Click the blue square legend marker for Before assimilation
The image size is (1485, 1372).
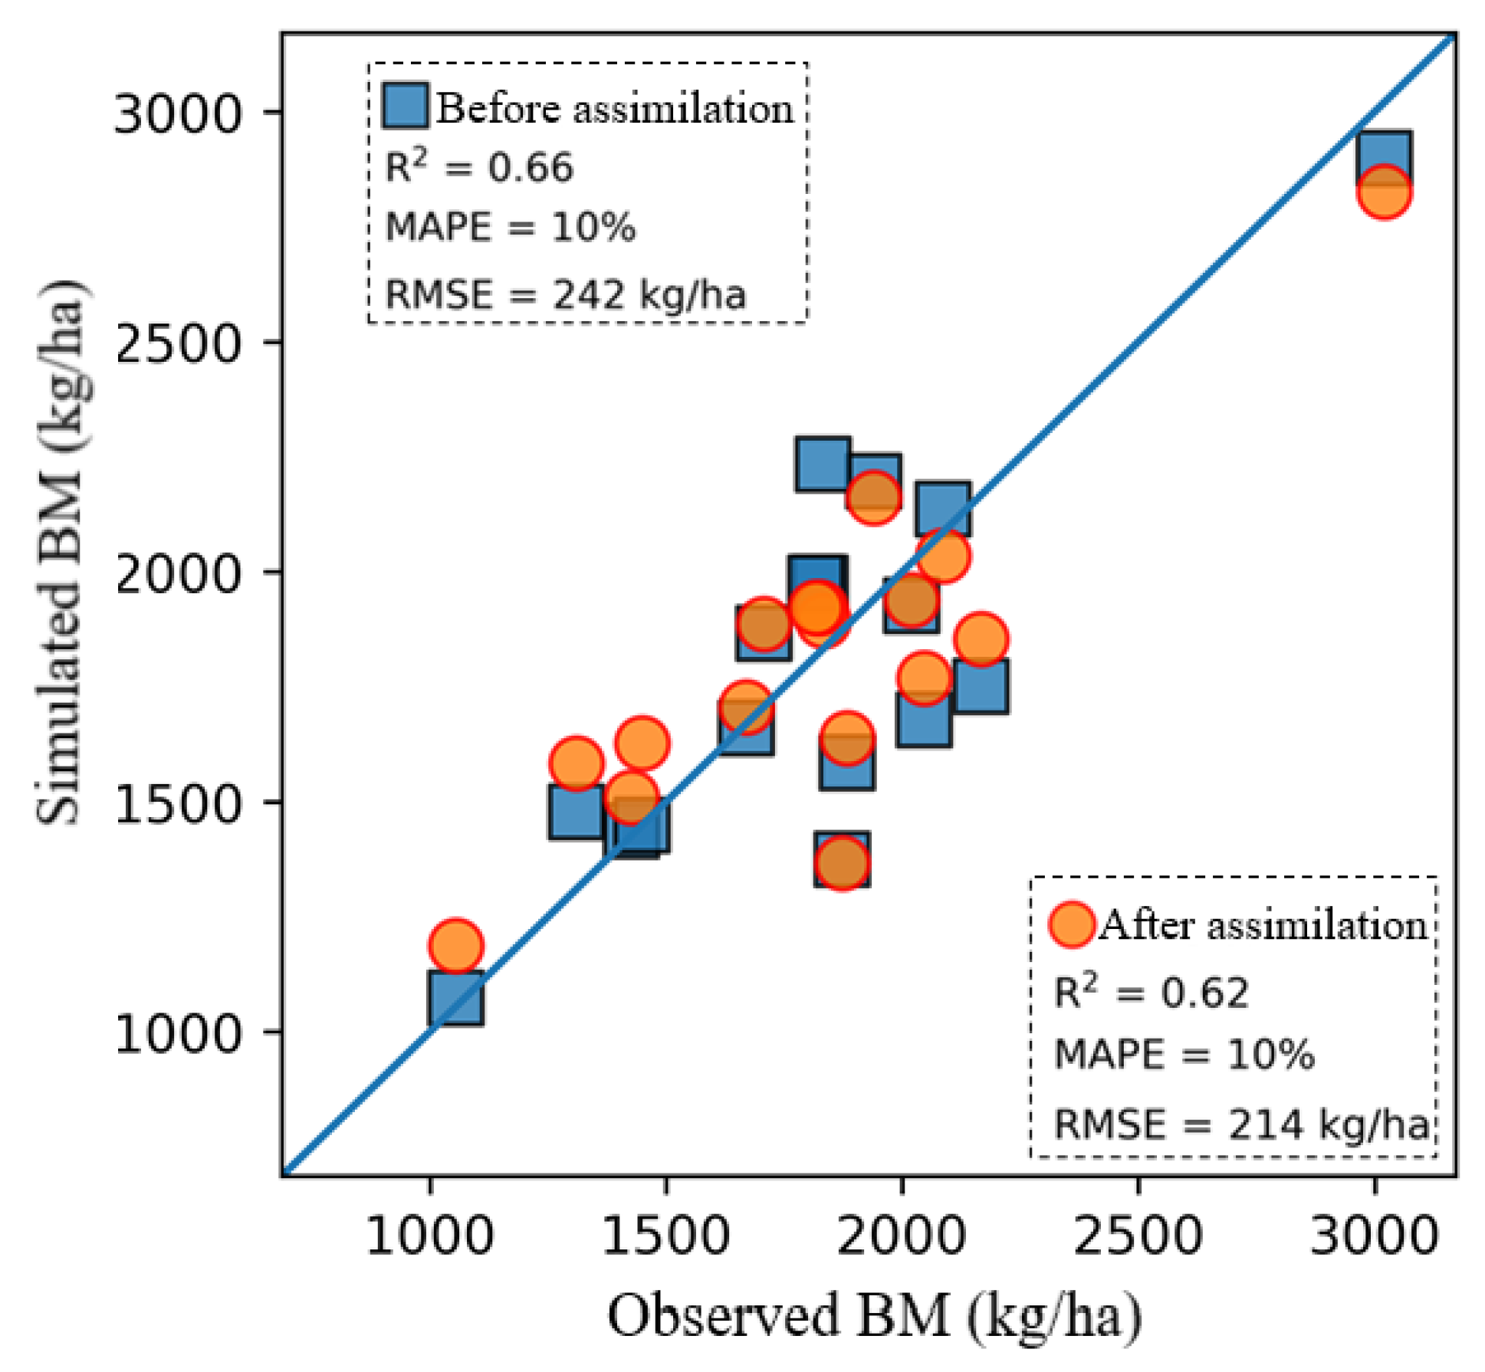coord(405,105)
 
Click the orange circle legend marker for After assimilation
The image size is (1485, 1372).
coord(1071,924)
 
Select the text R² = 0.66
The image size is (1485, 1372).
coord(478,167)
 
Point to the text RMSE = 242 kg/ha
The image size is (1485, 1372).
coord(565,295)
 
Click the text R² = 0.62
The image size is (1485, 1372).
coord(1151,993)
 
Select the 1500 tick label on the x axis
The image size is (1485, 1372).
coord(665,1236)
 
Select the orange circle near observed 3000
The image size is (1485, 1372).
coord(1383,192)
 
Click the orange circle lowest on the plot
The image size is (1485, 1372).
coord(456,946)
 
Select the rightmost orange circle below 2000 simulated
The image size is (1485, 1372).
coord(980,638)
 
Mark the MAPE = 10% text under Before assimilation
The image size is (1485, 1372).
coord(510,228)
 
